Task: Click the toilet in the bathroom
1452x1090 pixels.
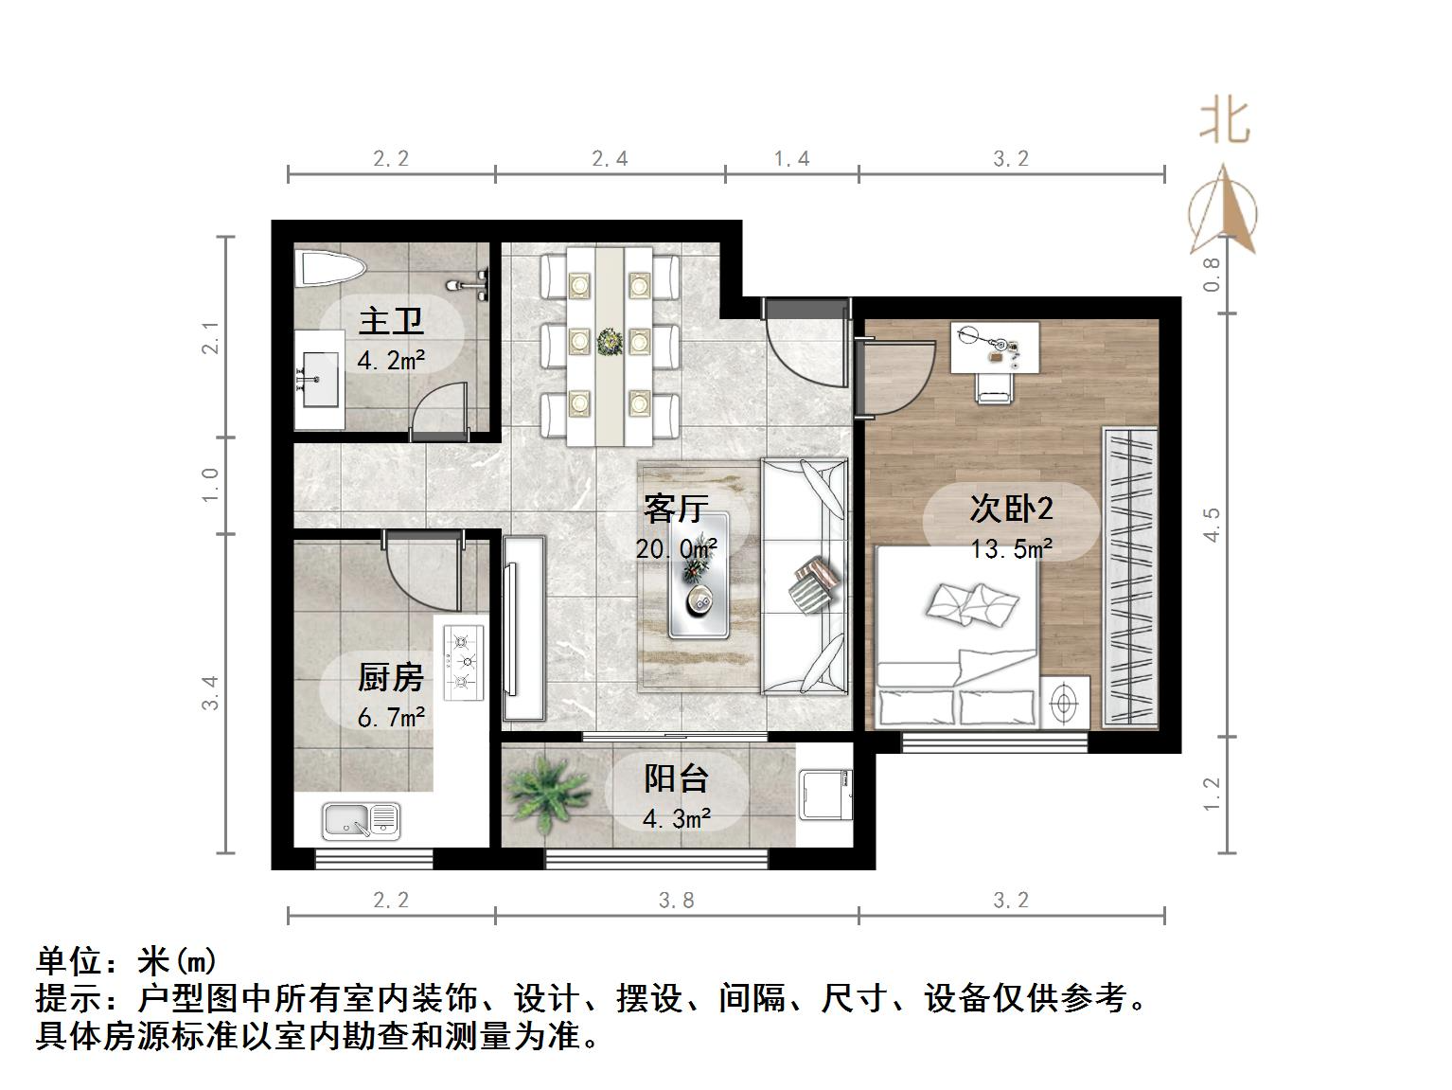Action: pyautogui.click(x=328, y=269)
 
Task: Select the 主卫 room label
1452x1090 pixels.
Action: pyautogui.click(x=390, y=322)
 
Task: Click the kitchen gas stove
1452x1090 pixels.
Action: pyautogui.click(x=464, y=662)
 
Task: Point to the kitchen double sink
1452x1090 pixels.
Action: pyautogui.click(x=361, y=820)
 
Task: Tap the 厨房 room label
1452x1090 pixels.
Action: pyautogui.click(x=390, y=678)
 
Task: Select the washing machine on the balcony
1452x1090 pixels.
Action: pyautogui.click(x=825, y=794)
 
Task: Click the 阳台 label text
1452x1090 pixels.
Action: pyautogui.click(x=676, y=778)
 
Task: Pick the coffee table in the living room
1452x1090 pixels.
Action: pyautogui.click(x=699, y=575)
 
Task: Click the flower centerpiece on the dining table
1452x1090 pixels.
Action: pyautogui.click(x=609, y=339)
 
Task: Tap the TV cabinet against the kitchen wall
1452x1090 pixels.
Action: pyautogui.click(x=524, y=629)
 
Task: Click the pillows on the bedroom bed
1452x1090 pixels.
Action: pyautogui.click(x=972, y=603)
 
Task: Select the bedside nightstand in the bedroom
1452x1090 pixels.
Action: pyautogui.click(x=1065, y=703)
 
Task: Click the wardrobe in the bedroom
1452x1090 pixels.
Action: pyautogui.click(x=1130, y=578)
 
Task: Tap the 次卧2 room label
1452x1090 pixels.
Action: pyautogui.click(x=1011, y=509)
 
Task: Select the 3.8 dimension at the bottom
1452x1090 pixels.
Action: pyautogui.click(x=676, y=900)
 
